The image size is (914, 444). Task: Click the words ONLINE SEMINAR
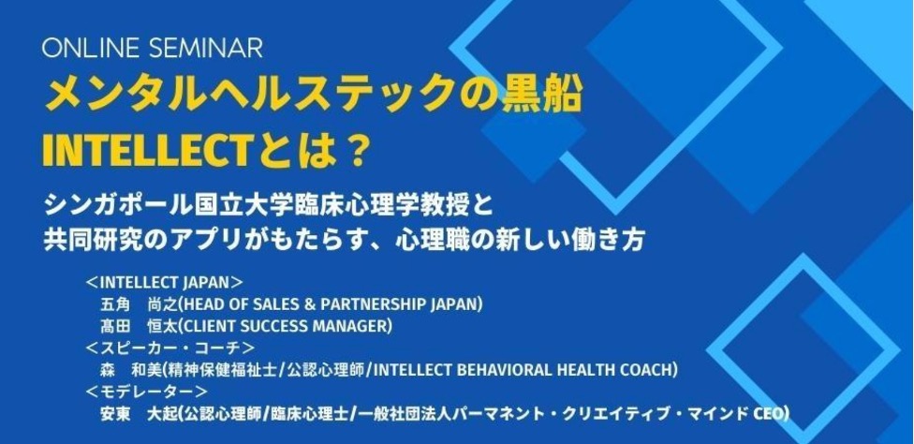[x=154, y=48]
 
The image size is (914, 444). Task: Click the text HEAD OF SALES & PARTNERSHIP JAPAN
[x=332, y=304]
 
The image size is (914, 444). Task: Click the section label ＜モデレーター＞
[x=145, y=392]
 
